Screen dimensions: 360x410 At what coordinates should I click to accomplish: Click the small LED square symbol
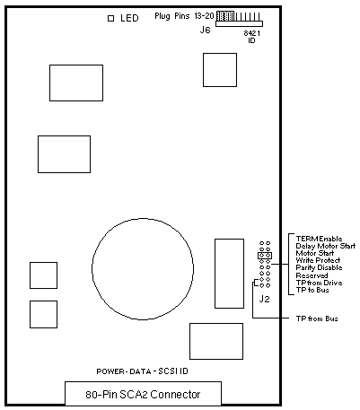[x=110, y=18]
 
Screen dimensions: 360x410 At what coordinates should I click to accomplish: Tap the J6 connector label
[x=205, y=30]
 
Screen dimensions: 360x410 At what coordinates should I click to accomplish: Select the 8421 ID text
[x=251, y=37]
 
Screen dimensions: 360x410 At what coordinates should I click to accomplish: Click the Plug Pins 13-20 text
[x=184, y=16]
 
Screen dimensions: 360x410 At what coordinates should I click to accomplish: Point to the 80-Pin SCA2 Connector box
[x=143, y=393]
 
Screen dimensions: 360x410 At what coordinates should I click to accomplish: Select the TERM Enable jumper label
[x=319, y=239]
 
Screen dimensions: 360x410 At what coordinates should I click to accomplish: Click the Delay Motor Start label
[x=326, y=246]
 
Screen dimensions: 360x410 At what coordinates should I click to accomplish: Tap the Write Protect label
[x=318, y=260]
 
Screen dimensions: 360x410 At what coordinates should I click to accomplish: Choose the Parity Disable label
[x=319, y=267]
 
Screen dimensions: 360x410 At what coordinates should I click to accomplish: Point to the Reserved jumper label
[x=312, y=275]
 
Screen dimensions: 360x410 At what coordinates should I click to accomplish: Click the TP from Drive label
[x=319, y=283]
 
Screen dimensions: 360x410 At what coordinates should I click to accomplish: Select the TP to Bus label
[x=312, y=290]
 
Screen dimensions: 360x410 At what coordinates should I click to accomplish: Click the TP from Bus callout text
[x=317, y=318]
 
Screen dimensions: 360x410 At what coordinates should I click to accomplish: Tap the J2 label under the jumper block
[x=264, y=299]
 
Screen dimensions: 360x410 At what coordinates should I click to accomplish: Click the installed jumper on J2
[x=265, y=256]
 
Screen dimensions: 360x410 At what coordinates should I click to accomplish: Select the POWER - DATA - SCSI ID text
[x=142, y=371]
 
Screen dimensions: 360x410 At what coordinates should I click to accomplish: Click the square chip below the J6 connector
[x=220, y=70]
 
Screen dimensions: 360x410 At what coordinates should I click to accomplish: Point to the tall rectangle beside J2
[x=229, y=274]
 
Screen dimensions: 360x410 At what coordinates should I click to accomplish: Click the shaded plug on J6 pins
[x=224, y=16]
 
